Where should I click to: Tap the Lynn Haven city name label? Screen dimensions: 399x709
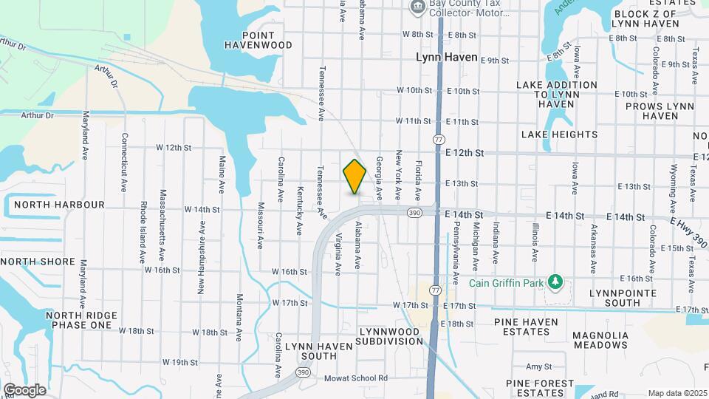447,57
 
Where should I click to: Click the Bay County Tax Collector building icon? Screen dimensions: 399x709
419,7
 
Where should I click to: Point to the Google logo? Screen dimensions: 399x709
24,390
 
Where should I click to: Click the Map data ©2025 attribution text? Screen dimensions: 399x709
677,393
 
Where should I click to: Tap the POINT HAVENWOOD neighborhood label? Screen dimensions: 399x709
257,40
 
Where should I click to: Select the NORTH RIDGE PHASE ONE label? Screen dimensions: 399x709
81,320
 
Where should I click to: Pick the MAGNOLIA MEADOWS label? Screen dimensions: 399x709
600,340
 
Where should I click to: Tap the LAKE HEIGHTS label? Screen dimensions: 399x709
559,134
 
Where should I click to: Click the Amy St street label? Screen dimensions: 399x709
538,366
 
